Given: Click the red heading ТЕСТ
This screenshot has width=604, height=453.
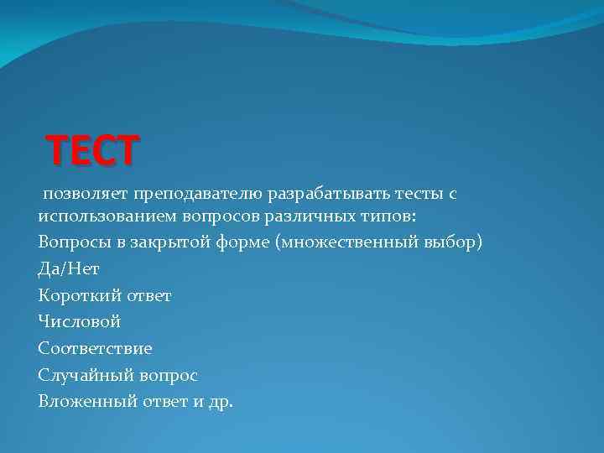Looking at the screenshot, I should [x=93, y=152].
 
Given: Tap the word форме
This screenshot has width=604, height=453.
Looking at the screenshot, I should [x=243, y=242].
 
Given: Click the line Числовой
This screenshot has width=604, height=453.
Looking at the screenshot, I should [x=79, y=321].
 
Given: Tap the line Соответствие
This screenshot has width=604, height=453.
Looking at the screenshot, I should [x=95, y=347].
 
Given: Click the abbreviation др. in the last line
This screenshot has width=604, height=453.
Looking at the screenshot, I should [x=221, y=401].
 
